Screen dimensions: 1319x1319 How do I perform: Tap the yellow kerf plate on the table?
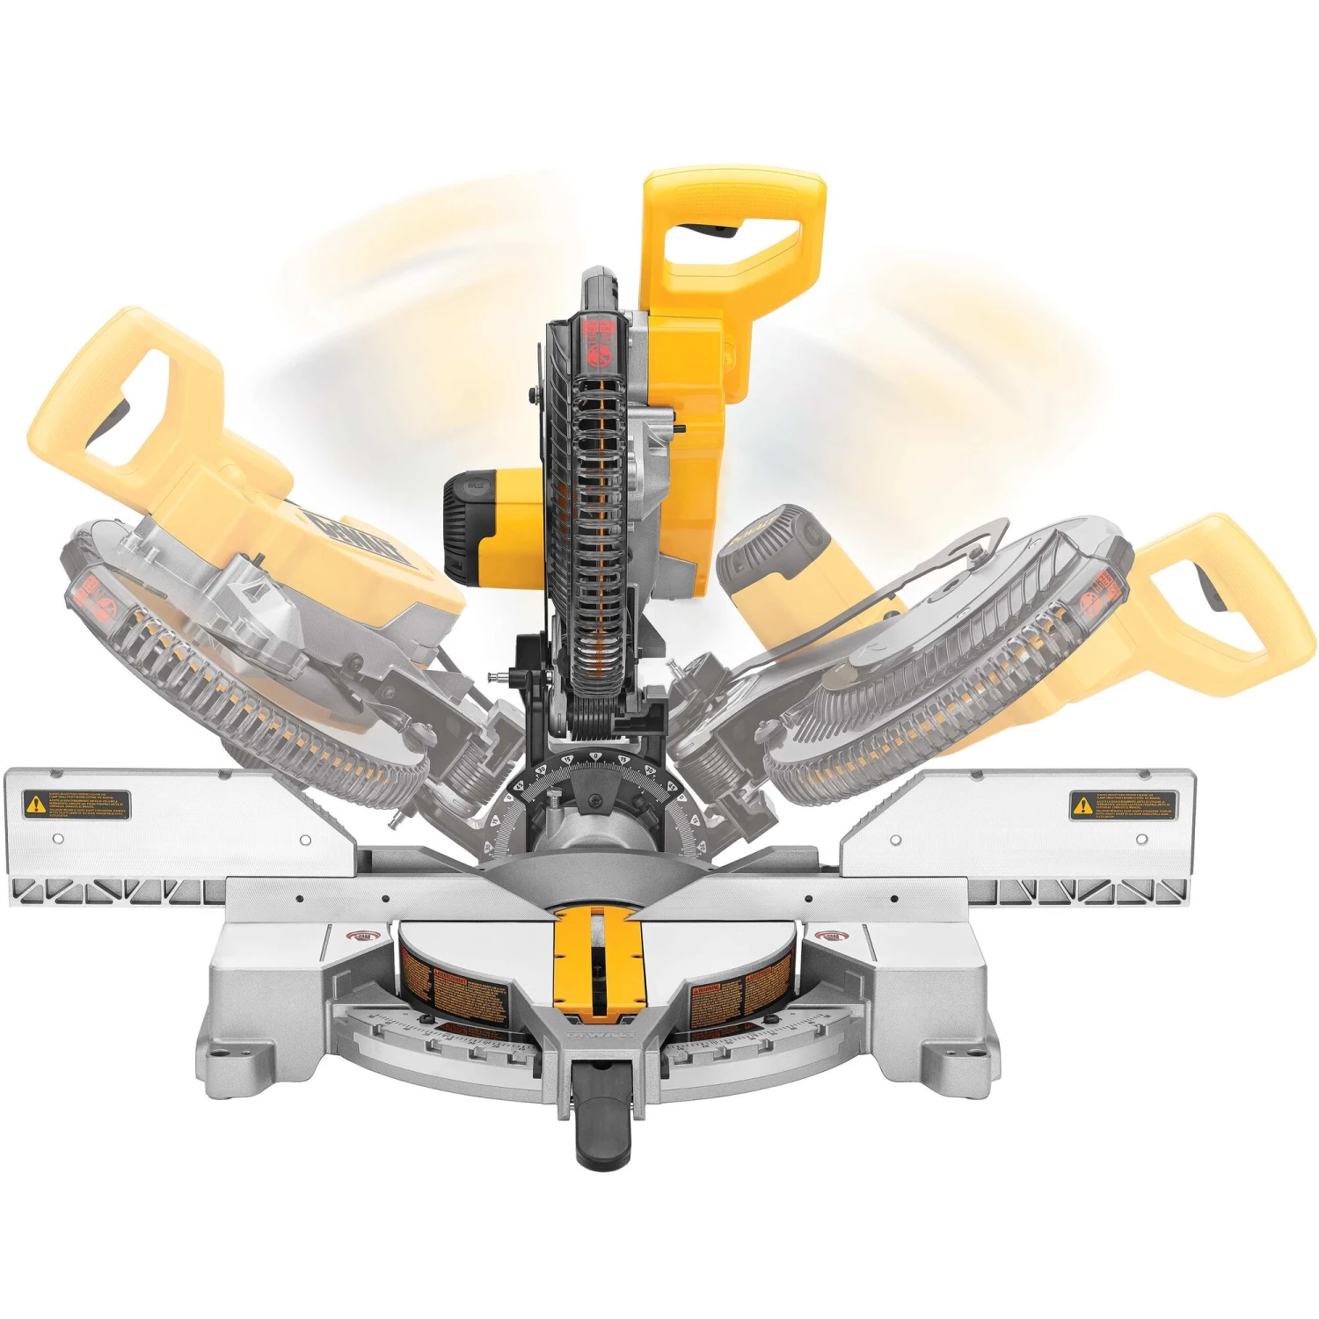[595, 963]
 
